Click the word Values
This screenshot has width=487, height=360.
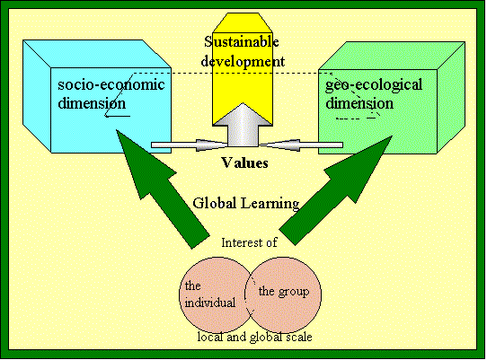[x=244, y=162]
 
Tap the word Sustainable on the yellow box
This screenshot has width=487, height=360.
[x=242, y=42]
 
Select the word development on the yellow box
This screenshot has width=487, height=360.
[x=243, y=61]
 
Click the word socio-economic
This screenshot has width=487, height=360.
[x=111, y=84]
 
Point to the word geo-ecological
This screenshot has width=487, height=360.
[x=374, y=85]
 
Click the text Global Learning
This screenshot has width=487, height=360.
[x=246, y=204]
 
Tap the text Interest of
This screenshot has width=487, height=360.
[x=249, y=242]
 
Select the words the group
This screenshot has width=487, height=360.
[x=284, y=292]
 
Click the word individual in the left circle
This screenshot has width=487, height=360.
[x=210, y=303]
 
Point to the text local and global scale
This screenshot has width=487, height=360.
[x=254, y=337]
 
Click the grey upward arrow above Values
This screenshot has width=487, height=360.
[x=243, y=125]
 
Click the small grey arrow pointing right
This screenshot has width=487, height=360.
[x=190, y=145]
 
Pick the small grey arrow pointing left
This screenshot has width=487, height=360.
[x=301, y=145]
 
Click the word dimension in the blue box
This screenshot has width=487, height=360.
[x=92, y=103]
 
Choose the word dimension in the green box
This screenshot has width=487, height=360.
[x=359, y=103]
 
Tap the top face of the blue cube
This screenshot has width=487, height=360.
[x=97, y=54]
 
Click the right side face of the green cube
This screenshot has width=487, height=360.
[x=451, y=98]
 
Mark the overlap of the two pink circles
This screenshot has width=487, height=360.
[x=250, y=294]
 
